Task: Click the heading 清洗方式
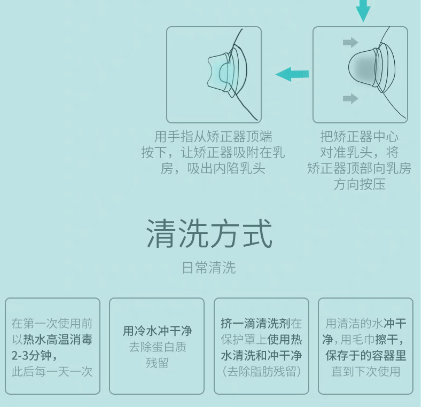[209, 234]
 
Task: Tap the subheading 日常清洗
[209, 268]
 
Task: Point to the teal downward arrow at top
[363, 10]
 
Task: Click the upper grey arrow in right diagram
[350, 42]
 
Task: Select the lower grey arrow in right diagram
[350, 98]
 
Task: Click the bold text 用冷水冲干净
[157, 331]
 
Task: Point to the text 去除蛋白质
[157, 347]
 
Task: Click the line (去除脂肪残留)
[261, 371]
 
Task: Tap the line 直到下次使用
[366, 371]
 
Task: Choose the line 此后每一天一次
[52, 371]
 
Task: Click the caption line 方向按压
[360, 185]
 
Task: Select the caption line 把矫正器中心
[360, 137]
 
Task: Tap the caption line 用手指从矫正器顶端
[213, 137]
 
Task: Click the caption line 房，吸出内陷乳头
[213, 169]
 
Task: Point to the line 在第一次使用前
[52, 323]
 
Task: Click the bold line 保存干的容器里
[366, 355]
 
